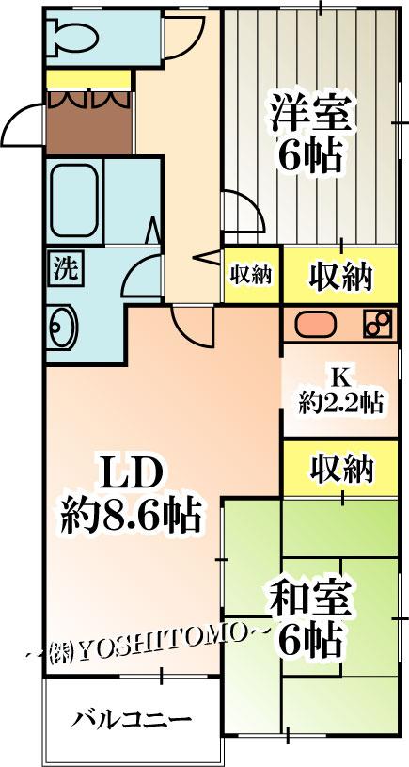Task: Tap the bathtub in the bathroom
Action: point(75,200)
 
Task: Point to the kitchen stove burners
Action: point(378,324)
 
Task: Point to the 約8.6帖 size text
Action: point(130,516)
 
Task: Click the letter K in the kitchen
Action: point(339,377)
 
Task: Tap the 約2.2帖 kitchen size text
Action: point(340,404)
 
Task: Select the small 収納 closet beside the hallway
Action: point(251,276)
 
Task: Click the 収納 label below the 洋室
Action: point(340,277)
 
